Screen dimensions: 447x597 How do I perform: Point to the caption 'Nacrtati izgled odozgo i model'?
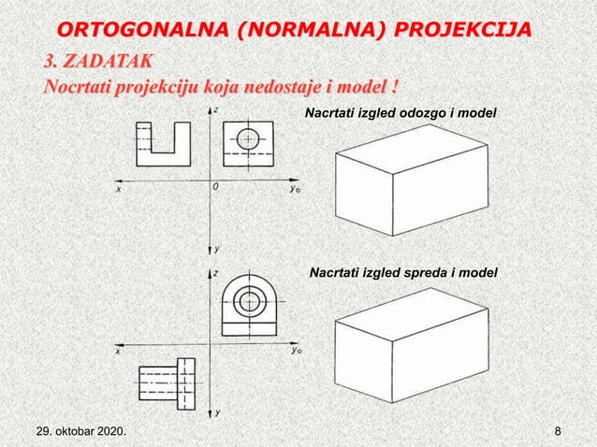[x=401, y=113]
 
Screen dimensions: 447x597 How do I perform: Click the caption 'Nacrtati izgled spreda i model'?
[x=403, y=272]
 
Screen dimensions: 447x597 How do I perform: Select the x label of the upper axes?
[x=119, y=187]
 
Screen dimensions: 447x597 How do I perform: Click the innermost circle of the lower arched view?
[x=249, y=302]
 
